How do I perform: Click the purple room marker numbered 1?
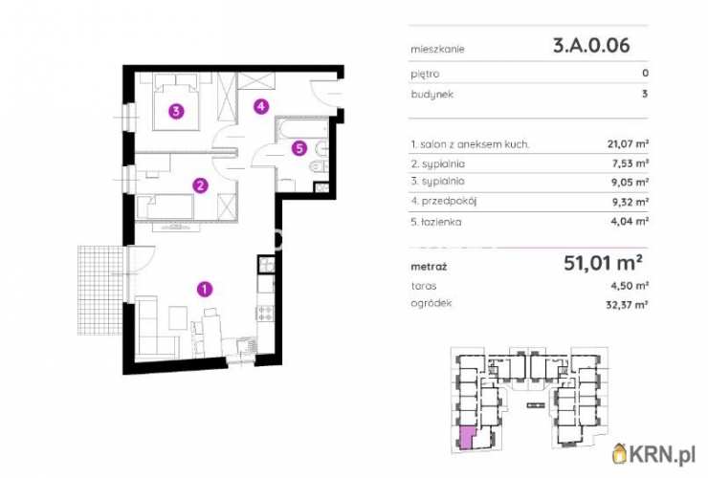tap(205, 289)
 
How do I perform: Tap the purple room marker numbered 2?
tap(200, 185)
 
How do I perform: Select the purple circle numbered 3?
tap(176, 111)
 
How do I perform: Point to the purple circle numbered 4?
tap(261, 106)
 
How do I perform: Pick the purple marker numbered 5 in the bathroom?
tap(299, 148)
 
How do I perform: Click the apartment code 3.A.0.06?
tap(591, 46)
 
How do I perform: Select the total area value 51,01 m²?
tap(604, 263)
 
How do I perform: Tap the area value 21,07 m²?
tap(628, 144)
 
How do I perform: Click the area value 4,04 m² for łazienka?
tap(630, 221)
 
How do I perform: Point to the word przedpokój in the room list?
tap(449, 202)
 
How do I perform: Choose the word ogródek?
tap(431, 303)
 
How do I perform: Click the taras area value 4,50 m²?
tap(630, 286)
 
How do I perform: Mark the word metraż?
tap(429, 267)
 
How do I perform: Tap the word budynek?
tap(432, 95)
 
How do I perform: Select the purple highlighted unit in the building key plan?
tap(466, 438)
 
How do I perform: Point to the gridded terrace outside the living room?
tap(100, 291)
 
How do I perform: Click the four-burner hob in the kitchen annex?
tap(266, 313)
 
